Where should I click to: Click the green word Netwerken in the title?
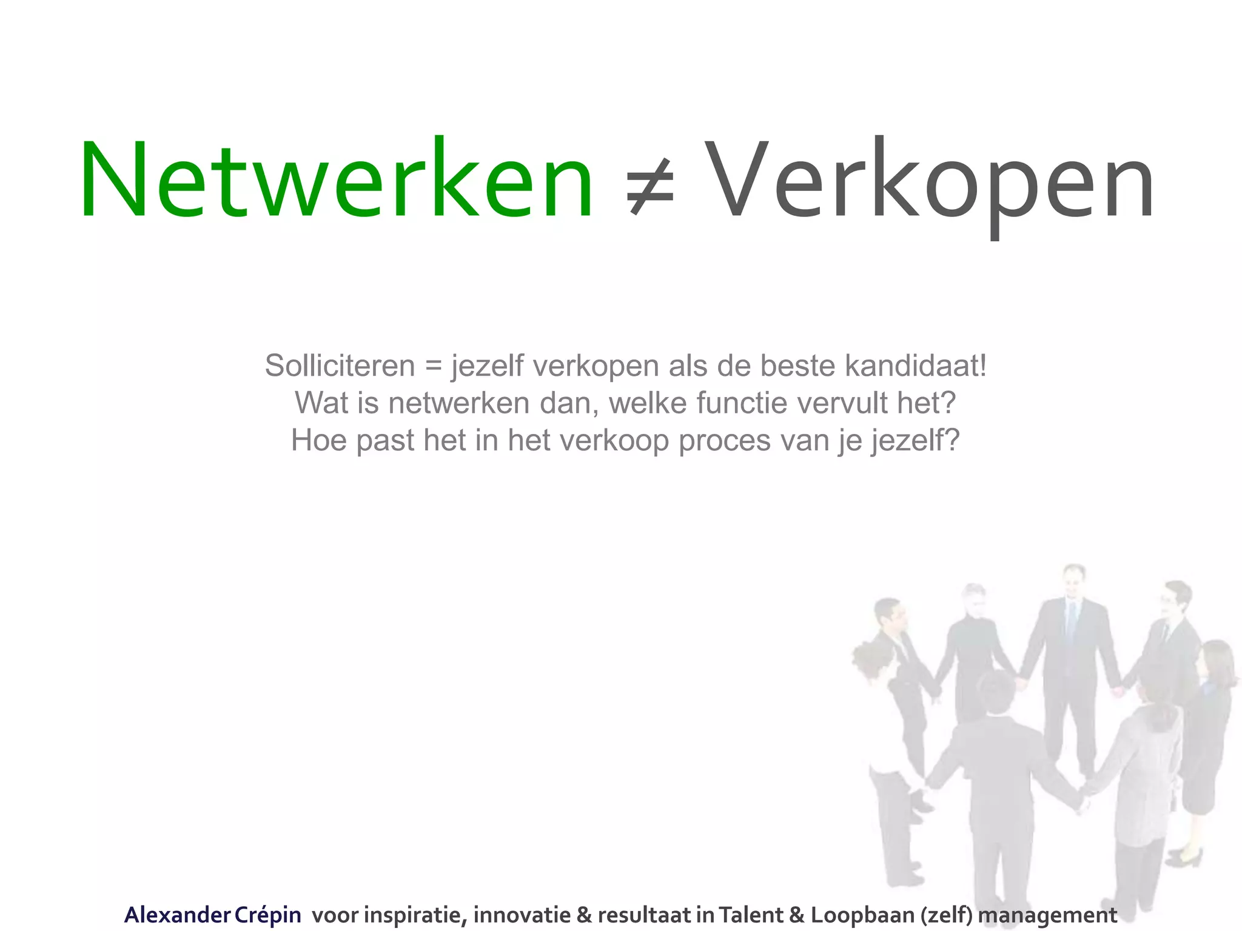tap(337, 179)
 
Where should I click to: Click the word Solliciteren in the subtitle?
tap(340, 366)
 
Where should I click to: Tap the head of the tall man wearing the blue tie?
tap(1074, 581)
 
